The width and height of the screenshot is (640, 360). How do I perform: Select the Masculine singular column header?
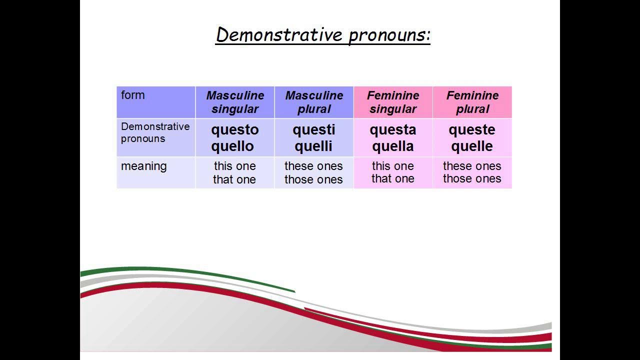235,102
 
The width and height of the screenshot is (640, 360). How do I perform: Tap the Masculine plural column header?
314,102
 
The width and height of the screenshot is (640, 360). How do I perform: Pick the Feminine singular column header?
393,102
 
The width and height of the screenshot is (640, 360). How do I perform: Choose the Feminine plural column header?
472,102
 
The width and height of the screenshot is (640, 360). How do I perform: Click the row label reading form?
133,95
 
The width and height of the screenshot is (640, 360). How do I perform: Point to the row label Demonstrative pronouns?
155,132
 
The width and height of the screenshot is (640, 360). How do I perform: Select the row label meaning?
144,166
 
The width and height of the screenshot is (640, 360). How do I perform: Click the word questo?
235,130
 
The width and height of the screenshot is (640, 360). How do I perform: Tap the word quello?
232,146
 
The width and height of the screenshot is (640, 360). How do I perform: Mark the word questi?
314,130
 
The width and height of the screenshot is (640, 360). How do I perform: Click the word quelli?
314,146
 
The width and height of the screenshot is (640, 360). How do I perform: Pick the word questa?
393,130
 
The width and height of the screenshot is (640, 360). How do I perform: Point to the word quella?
393,146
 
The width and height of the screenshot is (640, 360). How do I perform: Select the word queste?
472,130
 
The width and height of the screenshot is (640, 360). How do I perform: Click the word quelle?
472,146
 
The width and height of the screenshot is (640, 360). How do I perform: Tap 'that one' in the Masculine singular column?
234,179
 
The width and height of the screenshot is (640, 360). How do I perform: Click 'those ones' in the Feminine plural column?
472,179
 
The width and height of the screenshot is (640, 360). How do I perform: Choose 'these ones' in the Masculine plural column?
313,166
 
